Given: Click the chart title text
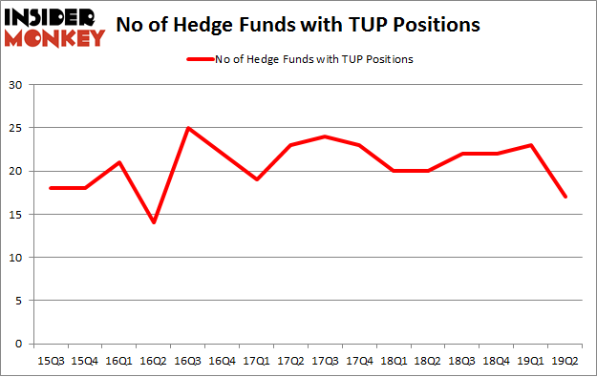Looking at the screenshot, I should (297, 25).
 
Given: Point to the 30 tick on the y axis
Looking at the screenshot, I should (15, 85).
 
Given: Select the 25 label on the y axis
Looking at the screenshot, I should (15, 128).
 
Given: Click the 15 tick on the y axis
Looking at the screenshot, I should (15, 214).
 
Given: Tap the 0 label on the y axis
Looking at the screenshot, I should (18, 344).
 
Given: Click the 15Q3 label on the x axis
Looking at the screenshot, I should (50, 360).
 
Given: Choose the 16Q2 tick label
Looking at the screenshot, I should (152, 360).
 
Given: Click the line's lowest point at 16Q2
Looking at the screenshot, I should (152, 222).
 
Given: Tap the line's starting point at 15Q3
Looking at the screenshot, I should (50, 188).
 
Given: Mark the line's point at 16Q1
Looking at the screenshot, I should (117, 162).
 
